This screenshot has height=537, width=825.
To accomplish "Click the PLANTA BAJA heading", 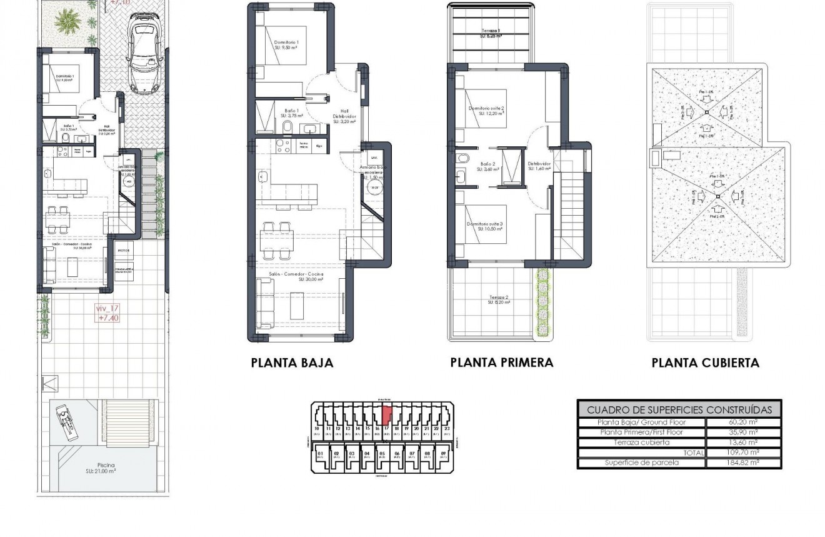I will click(292, 363).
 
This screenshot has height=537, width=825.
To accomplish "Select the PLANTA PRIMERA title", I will click(501, 363).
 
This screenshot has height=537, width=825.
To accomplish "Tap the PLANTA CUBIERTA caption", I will click(705, 363).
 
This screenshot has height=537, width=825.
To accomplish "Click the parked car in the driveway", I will click(144, 54).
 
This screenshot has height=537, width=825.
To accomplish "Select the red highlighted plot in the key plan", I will click(387, 414).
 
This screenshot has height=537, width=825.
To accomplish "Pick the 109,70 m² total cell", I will click(744, 453).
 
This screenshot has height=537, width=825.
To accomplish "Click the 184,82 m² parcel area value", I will click(744, 463).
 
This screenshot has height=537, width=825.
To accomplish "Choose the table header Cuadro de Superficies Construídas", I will click(679, 410).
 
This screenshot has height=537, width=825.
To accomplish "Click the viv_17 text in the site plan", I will click(107, 308).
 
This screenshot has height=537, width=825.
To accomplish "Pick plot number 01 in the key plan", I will click(321, 453).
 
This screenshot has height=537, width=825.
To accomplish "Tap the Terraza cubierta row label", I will click(641, 443).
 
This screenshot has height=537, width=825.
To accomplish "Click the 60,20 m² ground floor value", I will click(744, 423).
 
